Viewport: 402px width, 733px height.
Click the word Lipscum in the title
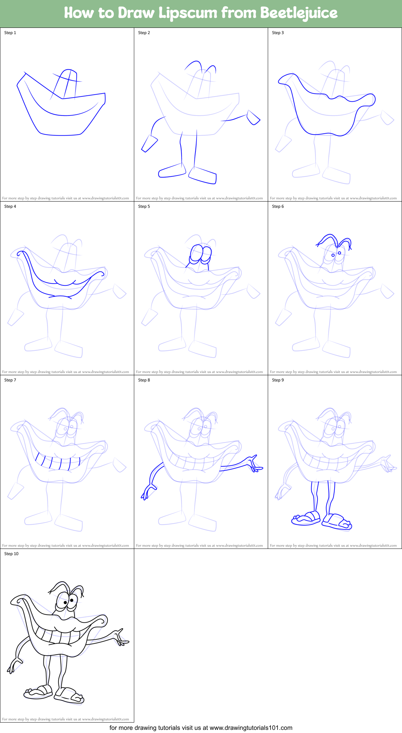188,13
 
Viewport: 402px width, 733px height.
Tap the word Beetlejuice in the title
299,13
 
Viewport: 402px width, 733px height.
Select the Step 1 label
10,33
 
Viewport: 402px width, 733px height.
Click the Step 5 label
144,206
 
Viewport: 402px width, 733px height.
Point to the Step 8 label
144,380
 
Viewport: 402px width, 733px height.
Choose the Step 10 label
11,554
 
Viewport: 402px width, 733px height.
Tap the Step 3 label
278,33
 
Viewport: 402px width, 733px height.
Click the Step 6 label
278,206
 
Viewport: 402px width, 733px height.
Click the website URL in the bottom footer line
251,728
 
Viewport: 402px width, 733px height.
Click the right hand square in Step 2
254,117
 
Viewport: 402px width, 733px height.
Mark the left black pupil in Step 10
65,602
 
